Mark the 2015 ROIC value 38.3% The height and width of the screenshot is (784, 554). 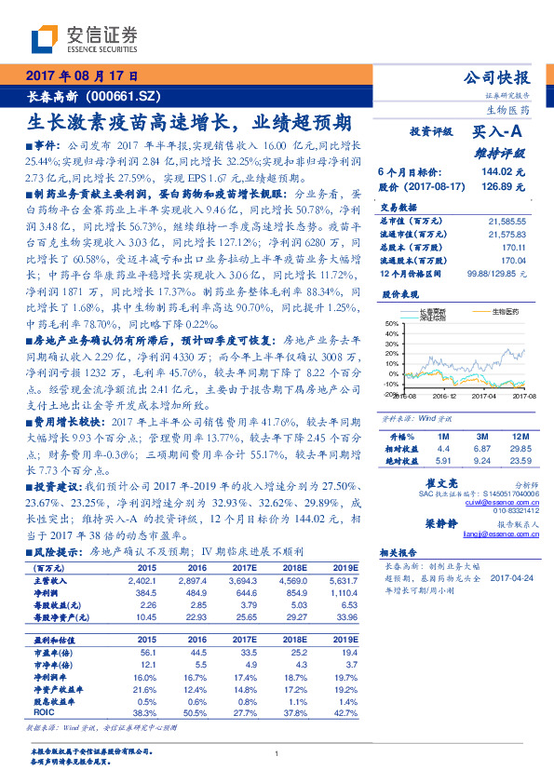click(145, 711)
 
